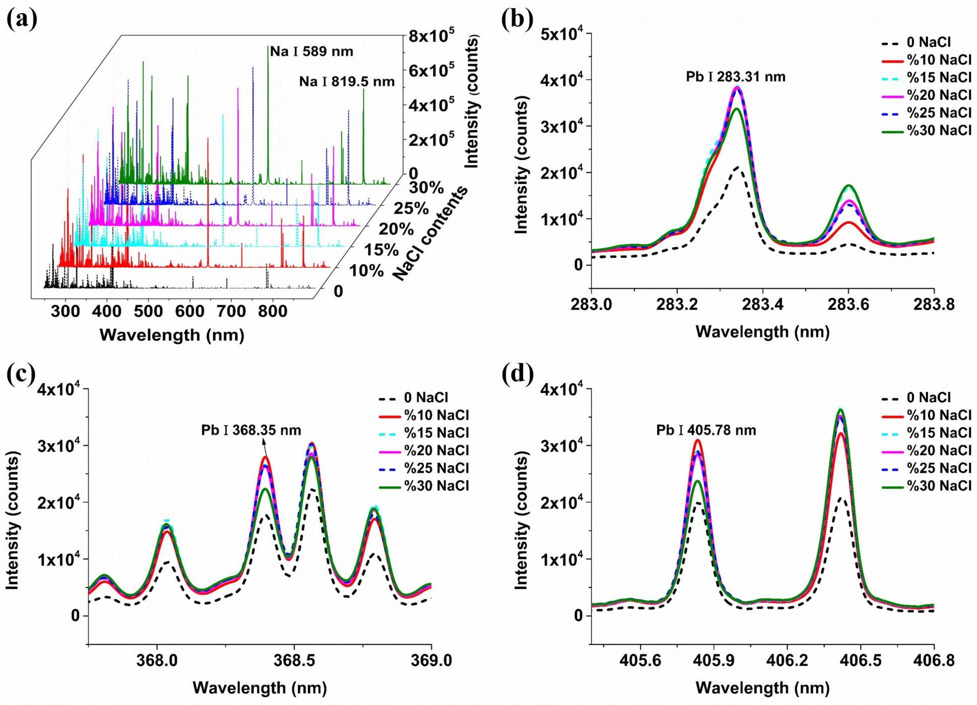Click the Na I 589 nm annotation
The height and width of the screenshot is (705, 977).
point(312,52)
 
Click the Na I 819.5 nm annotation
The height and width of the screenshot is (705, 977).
point(347,81)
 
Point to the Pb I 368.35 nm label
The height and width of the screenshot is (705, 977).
point(251,430)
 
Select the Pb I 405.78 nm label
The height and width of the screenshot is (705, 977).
point(706,430)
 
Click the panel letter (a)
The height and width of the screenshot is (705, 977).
point(22,19)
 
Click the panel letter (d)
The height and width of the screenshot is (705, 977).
point(518,374)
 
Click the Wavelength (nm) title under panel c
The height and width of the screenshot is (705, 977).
point(260,687)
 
